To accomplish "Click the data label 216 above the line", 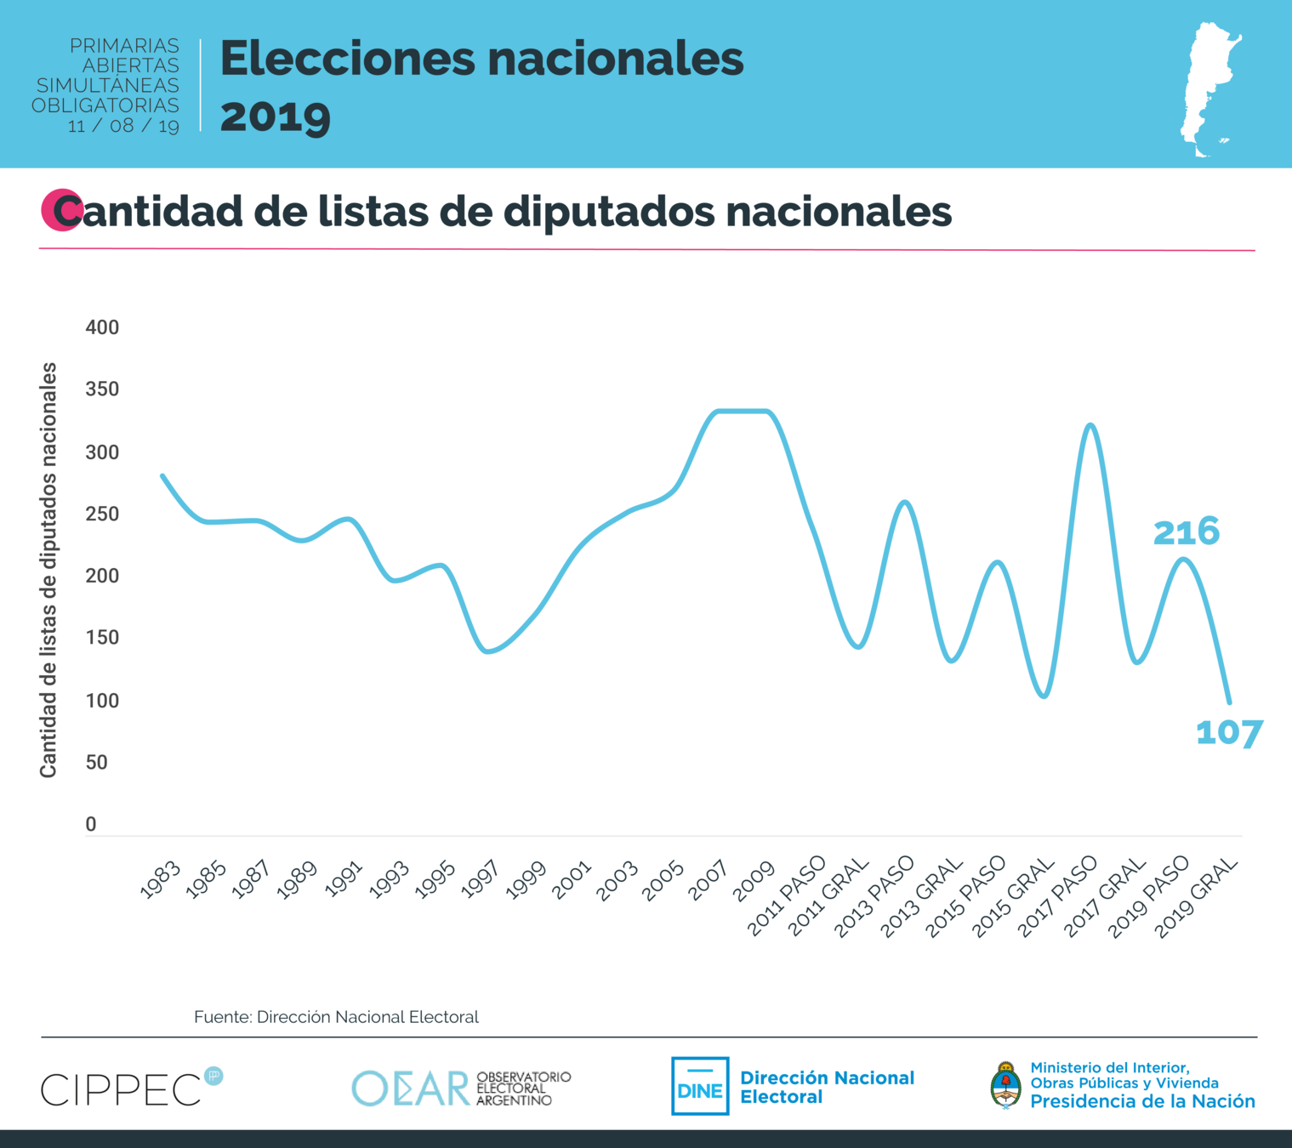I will (1186, 532).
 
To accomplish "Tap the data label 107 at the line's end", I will (1229, 733).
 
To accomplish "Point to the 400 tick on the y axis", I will (102, 327).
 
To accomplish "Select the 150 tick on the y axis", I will (102, 638).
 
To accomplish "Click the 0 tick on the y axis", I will (91, 824).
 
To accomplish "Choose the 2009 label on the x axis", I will (754, 880).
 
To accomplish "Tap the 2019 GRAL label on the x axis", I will (1195, 898).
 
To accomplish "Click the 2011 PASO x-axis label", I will (787, 895).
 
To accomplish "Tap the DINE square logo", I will (700, 1086).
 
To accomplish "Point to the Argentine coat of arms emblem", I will (1005, 1085).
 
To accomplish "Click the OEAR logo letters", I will (411, 1088).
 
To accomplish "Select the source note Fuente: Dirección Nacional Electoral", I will (336, 1017).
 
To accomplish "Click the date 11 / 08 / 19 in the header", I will (123, 126).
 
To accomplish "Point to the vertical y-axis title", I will (48, 570).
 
